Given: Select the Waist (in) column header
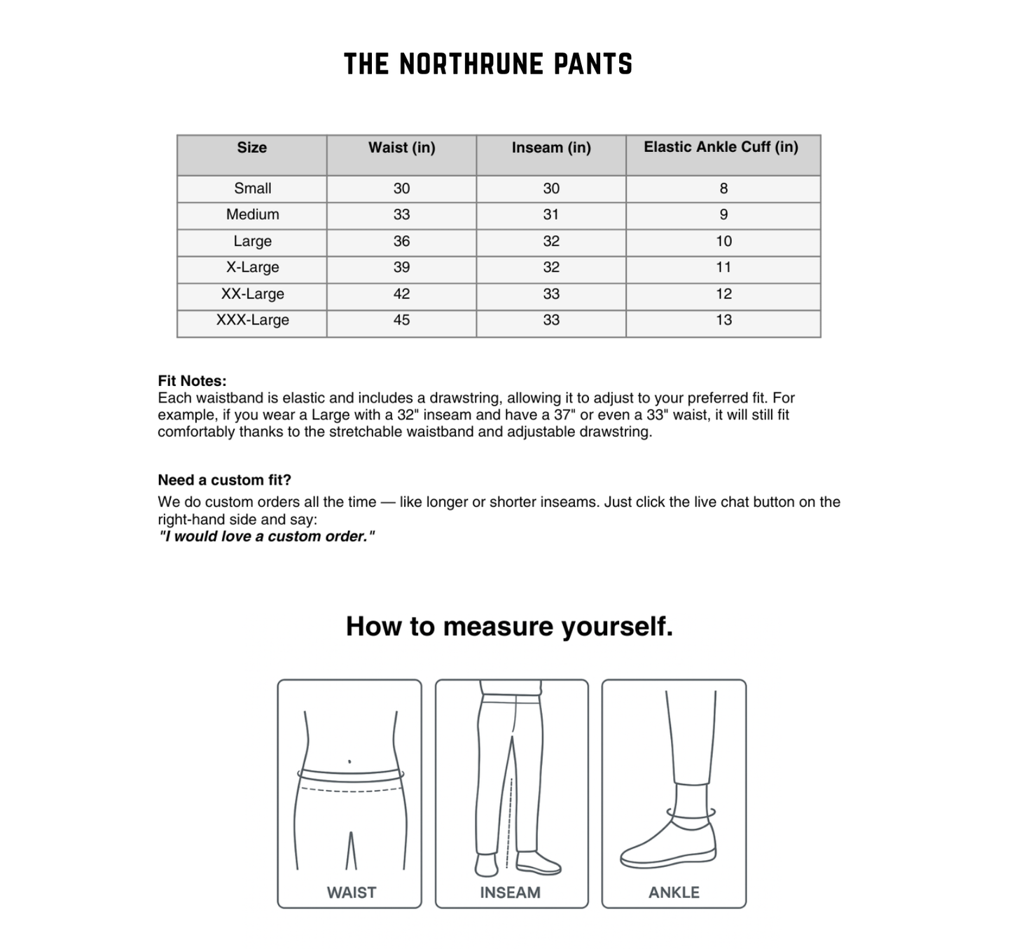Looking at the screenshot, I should (401, 148).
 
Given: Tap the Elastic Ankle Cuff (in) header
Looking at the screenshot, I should (721, 147).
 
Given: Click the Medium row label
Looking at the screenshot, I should (252, 214).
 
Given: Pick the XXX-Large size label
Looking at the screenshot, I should (252, 320).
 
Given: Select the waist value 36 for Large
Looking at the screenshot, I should (401, 241).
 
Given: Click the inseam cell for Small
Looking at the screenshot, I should (550, 188).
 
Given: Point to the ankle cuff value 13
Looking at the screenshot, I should (723, 320).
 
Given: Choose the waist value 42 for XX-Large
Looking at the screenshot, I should (401, 294).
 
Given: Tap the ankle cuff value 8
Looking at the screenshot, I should (723, 188).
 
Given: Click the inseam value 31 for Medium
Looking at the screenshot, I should (550, 214).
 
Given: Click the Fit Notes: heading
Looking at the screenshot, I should (192, 381).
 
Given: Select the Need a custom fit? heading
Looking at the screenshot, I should (224, 480).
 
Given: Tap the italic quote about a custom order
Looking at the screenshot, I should (266, 536).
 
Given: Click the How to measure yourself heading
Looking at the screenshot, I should (509, 626).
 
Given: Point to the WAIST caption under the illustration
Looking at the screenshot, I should (351, 892).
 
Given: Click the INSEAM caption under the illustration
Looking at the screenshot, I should (510, 892).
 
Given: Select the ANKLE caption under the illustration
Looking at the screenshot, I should (674, 892).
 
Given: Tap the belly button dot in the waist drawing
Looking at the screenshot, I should (349, 761).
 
